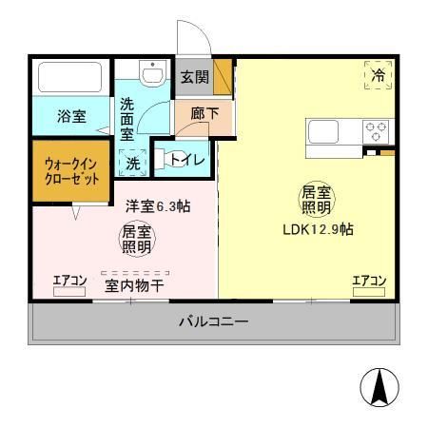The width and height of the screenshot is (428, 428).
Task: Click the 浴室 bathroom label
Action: (x=71, y=117)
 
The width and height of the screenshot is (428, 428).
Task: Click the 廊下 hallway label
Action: (x=198, y=113)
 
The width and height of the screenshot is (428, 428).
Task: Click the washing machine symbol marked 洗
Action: (x=133, y=163)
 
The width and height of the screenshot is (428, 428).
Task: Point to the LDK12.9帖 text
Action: (x=319, y=229)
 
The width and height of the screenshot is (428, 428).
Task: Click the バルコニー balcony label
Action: (x=214, y=321)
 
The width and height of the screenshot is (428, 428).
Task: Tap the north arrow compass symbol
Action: (x=379, y=388)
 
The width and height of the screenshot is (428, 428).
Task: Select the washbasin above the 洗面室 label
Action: (x=151, y=72)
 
